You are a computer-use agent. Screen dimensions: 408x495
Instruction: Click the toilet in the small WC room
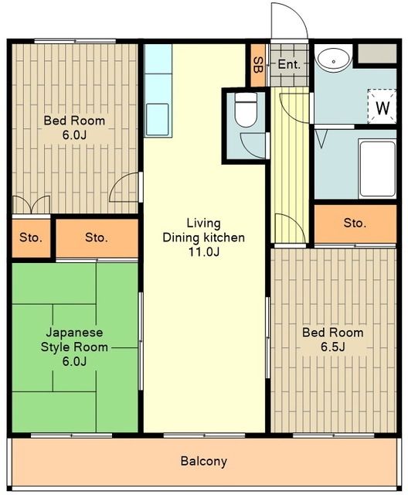pyautogui.click(x=246, y=109)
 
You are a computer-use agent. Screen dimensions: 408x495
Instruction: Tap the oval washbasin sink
pyautogui.click(x=334, y=59)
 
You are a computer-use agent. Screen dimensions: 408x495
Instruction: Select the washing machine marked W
pyautogui.click(x=382, y=107)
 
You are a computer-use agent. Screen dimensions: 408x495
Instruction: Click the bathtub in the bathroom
pyautogui.click(x=377, y=169)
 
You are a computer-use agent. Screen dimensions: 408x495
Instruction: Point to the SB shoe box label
pyautogui.click(x=258, y=65)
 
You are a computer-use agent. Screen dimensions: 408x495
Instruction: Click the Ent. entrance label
pyautogui.click(x=289, y=65)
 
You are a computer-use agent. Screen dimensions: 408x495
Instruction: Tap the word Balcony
pyautogui.click(x=204, y=461)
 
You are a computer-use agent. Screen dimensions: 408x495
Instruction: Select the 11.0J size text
pyautogui.click(x=204, y=251)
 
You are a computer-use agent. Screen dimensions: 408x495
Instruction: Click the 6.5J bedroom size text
pyautogui.click(x=333, y=346)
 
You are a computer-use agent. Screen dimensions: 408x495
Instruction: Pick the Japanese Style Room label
pyautogui.click(x=74, y=340)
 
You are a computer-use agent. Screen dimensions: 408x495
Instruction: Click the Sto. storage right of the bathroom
pyautogui.click(x=355, y=224)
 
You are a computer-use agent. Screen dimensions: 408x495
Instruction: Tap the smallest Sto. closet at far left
pyautogui.click(x=31, y=237)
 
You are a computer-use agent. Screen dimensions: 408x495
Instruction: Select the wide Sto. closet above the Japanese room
pyautogui.click(x=97, y=237)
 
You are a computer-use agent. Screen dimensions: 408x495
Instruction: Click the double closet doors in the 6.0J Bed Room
pyautogui.click(x=31, y=204)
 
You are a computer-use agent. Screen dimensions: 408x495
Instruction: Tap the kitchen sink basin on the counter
pyautogui.click(x=157, y=119)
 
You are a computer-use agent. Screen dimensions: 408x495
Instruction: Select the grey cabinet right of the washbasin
pyautogui.click(x=377, y=53)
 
